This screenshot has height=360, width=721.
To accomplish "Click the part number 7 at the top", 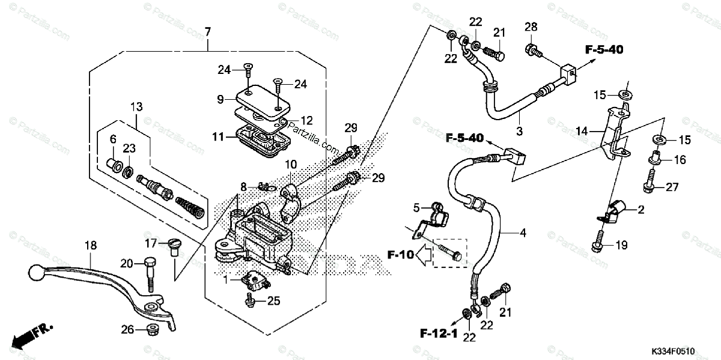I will tap(208, 32).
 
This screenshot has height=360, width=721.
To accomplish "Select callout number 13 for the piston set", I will tap(136, 106).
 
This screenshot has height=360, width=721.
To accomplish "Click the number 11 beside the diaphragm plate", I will tap(218, 136).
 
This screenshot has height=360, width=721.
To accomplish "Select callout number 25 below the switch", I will tap(273, 301).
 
